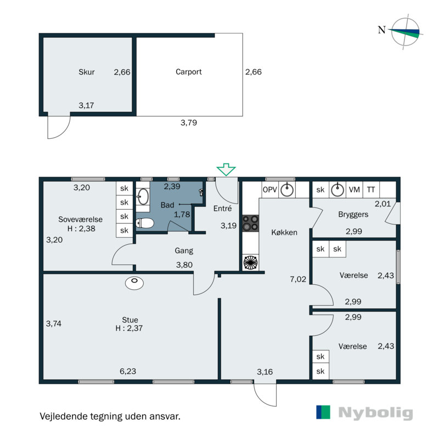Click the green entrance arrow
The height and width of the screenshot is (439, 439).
coord(226,170)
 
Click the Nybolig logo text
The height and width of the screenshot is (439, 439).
coord(375,413)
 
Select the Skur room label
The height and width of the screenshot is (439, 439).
coord(87,72)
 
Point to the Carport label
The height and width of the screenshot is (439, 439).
coord(189,72)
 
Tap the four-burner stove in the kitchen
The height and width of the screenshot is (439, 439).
coord(251,223)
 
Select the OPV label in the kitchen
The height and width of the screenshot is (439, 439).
coord(269,190)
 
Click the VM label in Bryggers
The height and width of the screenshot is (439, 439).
coord(354,190)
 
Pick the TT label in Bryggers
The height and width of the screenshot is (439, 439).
coord(372,190)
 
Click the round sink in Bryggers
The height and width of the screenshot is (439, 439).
coord(338,190)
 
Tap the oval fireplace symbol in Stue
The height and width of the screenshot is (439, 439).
coord(134,283)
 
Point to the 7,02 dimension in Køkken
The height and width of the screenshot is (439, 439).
coord(297,279)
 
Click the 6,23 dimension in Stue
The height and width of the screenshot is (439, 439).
coord(128,372)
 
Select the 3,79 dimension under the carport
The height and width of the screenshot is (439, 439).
coord(188,123)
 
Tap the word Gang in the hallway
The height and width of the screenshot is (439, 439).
coord(184,251)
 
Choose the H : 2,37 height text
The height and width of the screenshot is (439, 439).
coord(130,329)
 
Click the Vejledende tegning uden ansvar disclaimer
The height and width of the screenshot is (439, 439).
coord(110,416)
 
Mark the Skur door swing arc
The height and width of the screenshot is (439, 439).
coord(59,128)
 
